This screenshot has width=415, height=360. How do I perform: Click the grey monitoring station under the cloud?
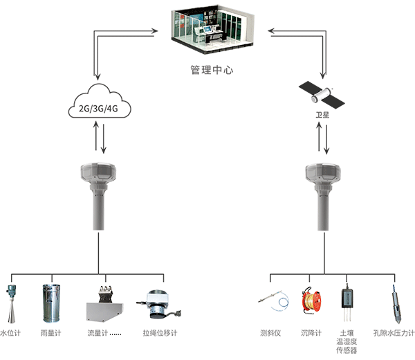[98, 194]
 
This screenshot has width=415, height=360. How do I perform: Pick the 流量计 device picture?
[104, 305]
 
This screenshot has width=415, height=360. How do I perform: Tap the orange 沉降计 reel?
[308, 303]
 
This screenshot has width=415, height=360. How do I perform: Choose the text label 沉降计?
[311, 333]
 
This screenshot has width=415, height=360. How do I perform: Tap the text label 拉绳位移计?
[160, 333]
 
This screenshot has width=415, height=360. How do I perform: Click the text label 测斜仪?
[270, 333]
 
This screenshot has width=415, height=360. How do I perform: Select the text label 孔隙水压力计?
[393, 333]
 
